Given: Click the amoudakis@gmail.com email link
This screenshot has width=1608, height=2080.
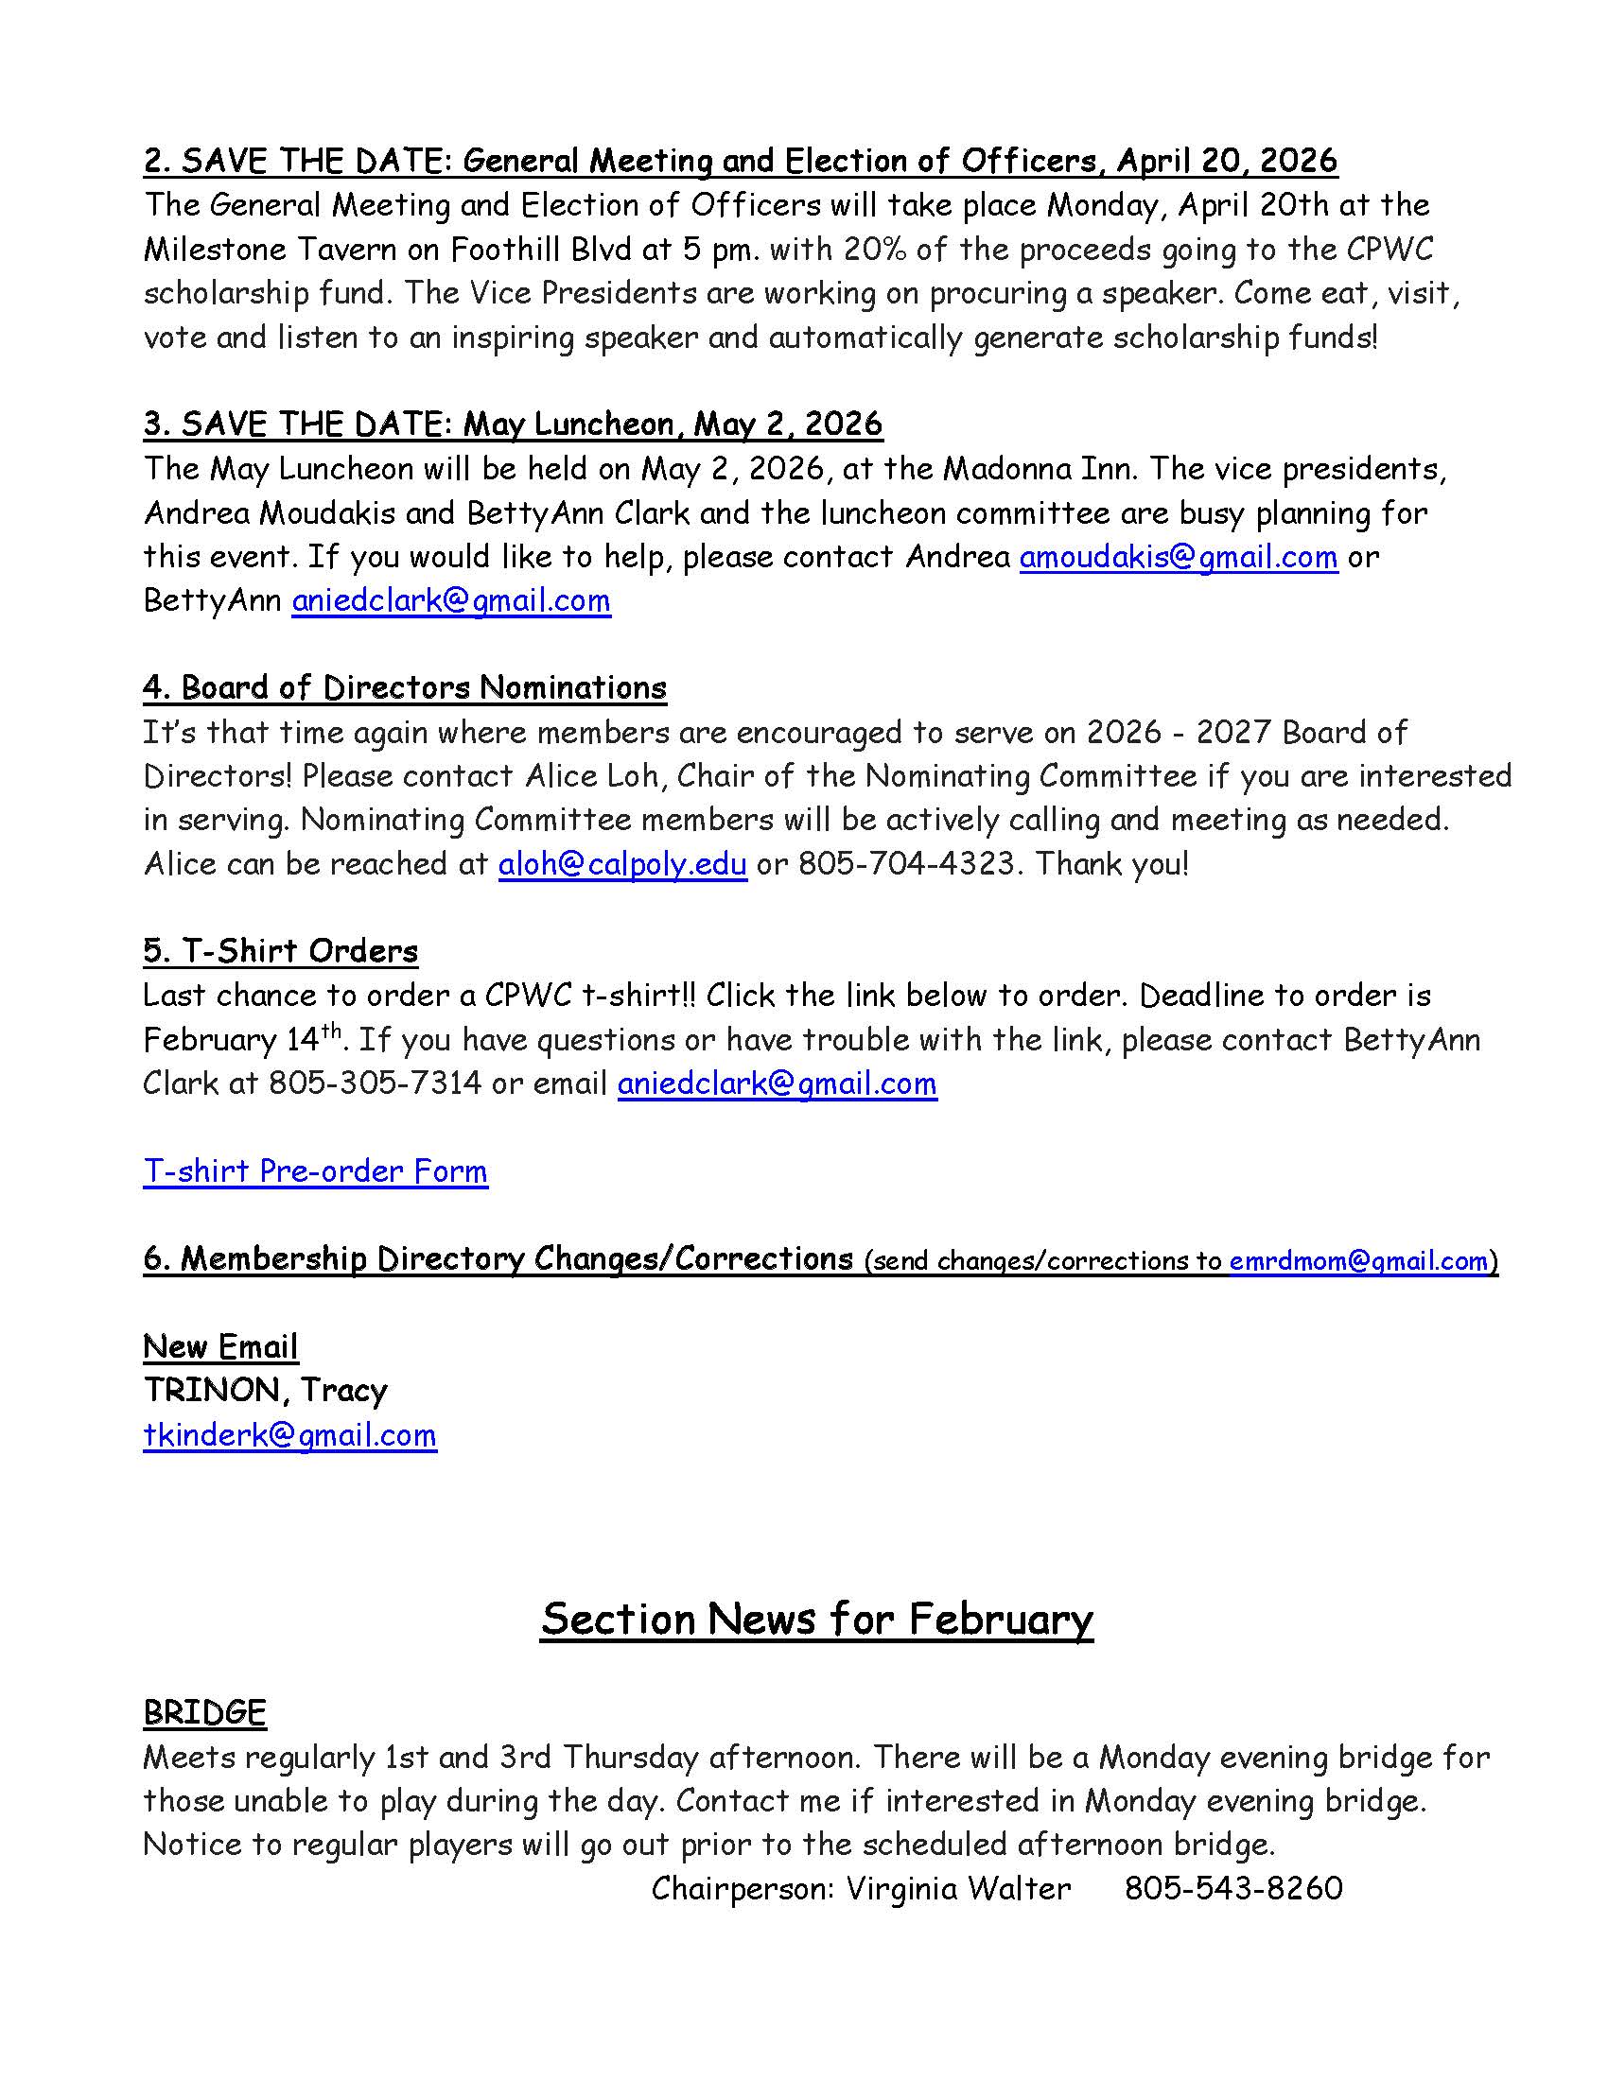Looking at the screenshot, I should click(x=1178, y=557).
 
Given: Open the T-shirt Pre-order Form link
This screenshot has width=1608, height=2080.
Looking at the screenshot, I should click(x=315, y=1171).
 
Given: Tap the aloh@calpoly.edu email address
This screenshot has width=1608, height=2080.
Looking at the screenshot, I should click(x=622, y=864).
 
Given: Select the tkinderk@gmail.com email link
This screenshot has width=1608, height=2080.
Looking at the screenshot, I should click(x=289, y=1435).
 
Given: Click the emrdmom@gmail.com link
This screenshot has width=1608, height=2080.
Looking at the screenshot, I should click(x=1358, y=1261).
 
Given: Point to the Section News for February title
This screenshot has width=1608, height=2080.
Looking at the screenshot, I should click(x=816, y=1619).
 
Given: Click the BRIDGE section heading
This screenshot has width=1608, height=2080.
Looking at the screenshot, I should click(x=204, y=1712).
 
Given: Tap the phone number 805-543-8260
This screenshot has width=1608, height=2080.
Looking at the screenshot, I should click(x=1232, y=1888).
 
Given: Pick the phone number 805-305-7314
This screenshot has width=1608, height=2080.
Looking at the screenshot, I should click(x=375, y=1083).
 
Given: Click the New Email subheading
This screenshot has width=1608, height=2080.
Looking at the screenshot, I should click(x=220, y=1346).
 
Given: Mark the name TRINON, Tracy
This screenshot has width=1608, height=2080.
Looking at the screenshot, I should click(x=265, y=1391).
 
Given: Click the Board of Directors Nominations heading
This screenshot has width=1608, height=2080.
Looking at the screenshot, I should click(x=405, y=687).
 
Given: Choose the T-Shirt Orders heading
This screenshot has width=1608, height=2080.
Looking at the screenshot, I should click(x=280, y=951).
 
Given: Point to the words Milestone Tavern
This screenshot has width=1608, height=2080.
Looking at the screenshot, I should click(x=291, y=250).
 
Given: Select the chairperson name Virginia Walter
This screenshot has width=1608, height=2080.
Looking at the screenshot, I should click(x=958, y=1888).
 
